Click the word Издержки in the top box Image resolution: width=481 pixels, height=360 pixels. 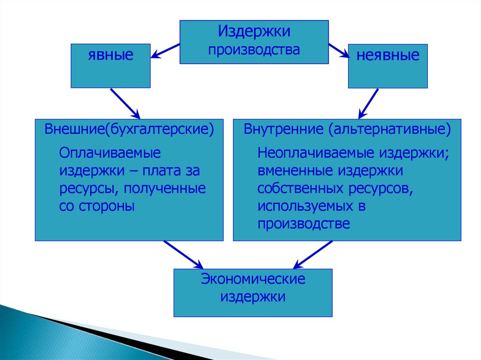(254, 32)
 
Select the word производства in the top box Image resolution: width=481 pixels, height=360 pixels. (254, 49)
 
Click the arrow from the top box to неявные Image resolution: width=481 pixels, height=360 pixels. (338, 51)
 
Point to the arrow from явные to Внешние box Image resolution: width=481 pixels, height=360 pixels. (125, 103)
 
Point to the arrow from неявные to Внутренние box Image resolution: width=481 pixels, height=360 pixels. (369, 103)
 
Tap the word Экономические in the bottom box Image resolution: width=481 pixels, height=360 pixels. (253, 279)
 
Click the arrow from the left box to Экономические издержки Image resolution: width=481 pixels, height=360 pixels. (183, 255)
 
